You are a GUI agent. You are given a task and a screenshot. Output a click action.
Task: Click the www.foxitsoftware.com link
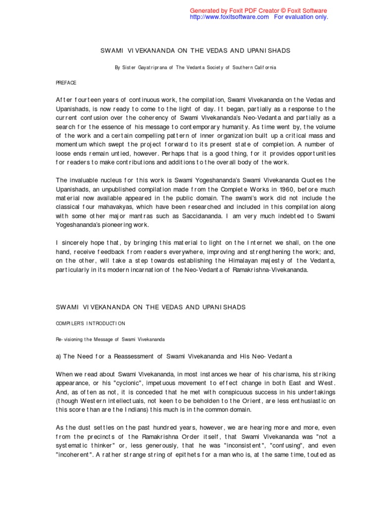click(x=230, y=17)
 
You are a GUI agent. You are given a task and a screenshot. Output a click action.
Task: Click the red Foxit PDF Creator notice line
click(x=259, y=10)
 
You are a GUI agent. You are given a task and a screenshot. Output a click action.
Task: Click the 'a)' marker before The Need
click(x=58, y=356)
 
